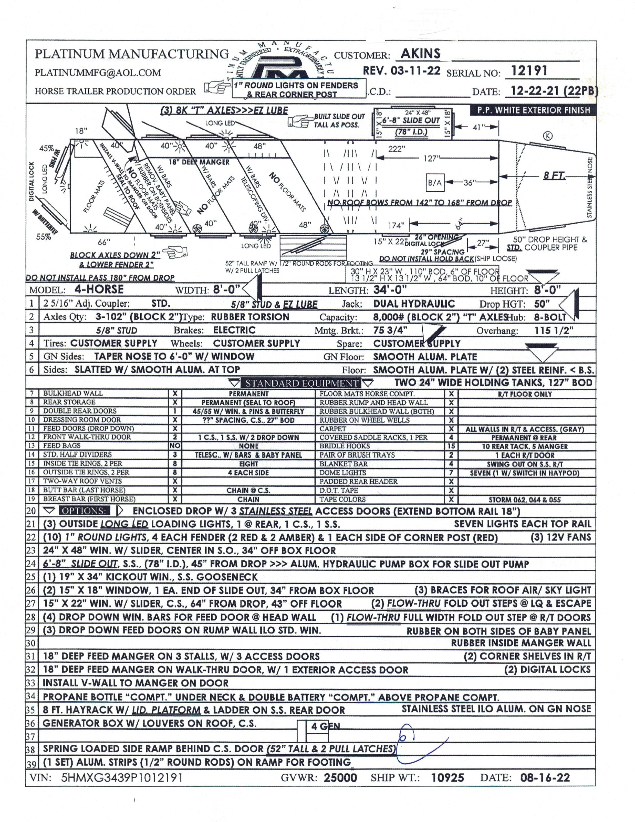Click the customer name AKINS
pos(420,54)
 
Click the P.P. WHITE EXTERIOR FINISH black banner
pos(533,110)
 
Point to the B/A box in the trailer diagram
pos(435,183)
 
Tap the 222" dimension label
pos(396,149)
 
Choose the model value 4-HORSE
pos(99,289)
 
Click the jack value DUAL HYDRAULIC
pos(414,304)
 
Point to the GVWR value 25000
pos(340,778)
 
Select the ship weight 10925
pos(447,778)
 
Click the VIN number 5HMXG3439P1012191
pos(122,778)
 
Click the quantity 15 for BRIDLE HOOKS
pos(451,446)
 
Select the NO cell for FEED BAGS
pos(175,446)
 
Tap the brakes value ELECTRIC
pos(234,330)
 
